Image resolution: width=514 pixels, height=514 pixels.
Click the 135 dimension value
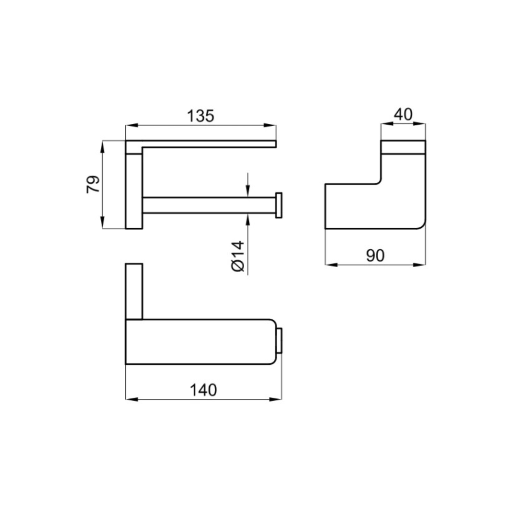pos(200,116)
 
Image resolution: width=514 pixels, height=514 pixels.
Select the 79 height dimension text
pos(93,184)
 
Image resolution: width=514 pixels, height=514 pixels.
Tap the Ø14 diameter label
pos(238,256)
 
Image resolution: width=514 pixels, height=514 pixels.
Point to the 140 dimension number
pos(203,390)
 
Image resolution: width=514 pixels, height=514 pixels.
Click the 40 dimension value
pos(403,114)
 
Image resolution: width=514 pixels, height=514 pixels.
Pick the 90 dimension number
pos(375,255)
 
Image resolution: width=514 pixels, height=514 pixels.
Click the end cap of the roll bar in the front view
pos(279,205)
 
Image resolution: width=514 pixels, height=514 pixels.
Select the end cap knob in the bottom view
pos(280,341)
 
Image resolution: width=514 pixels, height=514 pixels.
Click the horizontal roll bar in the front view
pos(209,205)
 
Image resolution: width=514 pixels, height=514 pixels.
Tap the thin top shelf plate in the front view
pos(209,144)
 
